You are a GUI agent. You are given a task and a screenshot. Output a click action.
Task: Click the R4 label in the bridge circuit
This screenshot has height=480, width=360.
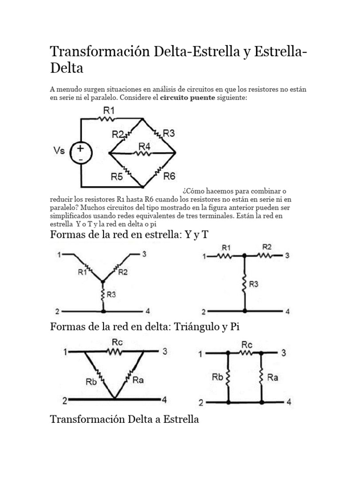tap(144, 147)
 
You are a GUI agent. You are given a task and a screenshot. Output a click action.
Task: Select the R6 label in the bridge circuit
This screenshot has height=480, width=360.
tap(169, 176)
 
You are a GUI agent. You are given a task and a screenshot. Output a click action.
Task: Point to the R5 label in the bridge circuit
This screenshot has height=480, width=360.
tap(117, 177)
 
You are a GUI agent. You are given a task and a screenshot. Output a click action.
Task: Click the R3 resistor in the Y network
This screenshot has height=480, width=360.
tap(103, 294)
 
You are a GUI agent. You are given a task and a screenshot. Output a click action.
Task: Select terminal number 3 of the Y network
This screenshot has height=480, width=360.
tap(144, 255)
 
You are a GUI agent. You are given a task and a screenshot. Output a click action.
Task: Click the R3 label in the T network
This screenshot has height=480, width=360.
tap(253, 284)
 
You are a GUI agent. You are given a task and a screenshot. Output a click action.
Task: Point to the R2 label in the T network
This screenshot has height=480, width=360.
tap(267, 247)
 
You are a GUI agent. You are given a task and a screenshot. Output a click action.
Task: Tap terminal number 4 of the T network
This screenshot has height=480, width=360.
tap(288, 311)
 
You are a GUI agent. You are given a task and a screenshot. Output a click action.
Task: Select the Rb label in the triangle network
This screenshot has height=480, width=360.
tap(91, 382)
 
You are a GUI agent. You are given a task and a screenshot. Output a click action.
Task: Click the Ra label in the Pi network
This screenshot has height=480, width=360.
tap(273, 377)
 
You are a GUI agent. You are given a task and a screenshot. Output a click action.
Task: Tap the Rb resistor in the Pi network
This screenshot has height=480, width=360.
tap(228, 377)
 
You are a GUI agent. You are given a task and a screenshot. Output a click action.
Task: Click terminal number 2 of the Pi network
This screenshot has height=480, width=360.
tap(201, 403)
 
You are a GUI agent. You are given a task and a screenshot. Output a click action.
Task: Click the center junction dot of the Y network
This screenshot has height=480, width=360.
tap(103, 282)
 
